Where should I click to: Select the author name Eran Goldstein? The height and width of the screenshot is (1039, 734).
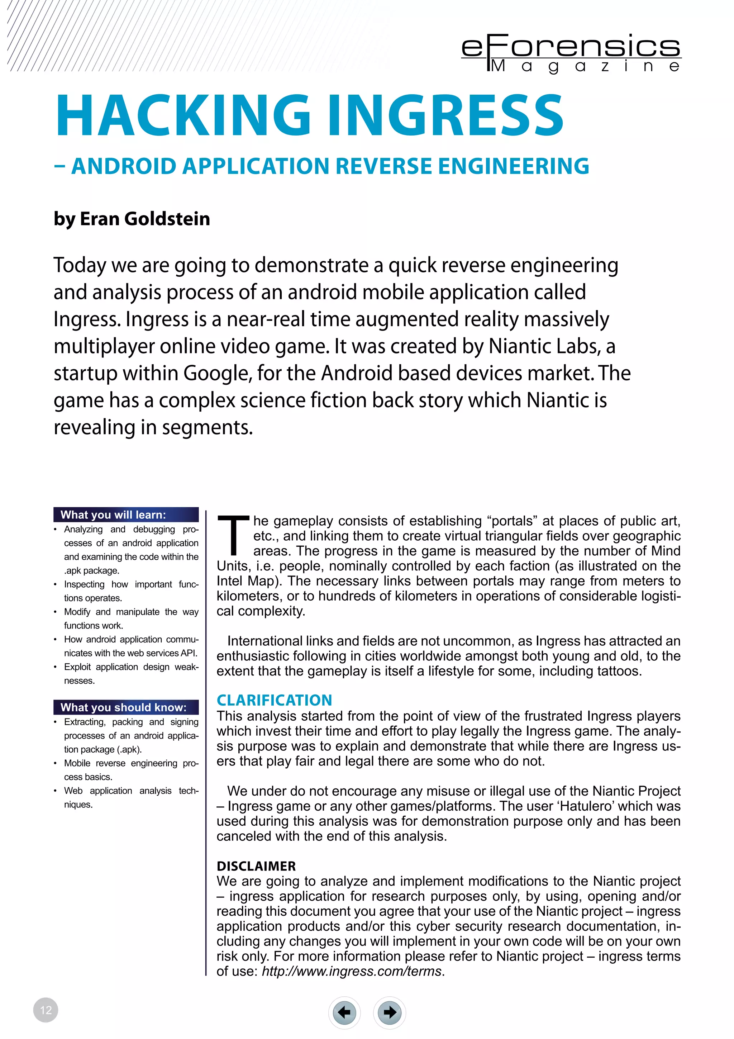tap(145, 219)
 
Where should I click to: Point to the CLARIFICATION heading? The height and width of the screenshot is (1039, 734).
tap(274, 700)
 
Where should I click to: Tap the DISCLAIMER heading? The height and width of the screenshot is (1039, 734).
tap(256, 866)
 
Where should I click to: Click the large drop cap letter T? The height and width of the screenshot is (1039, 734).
tap(233, 535)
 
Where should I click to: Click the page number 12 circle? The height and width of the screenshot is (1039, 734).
tap(46, 1010)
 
